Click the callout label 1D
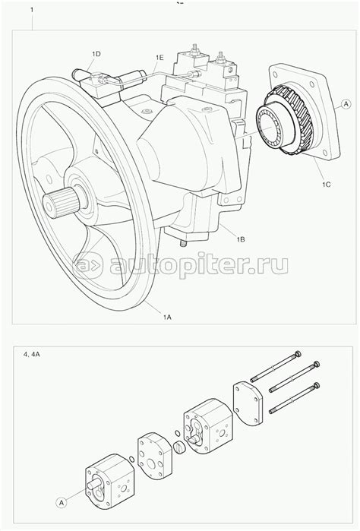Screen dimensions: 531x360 coord(96,53)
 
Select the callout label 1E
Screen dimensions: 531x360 coord(159,58)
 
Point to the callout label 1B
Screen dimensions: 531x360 coord(240,239)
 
